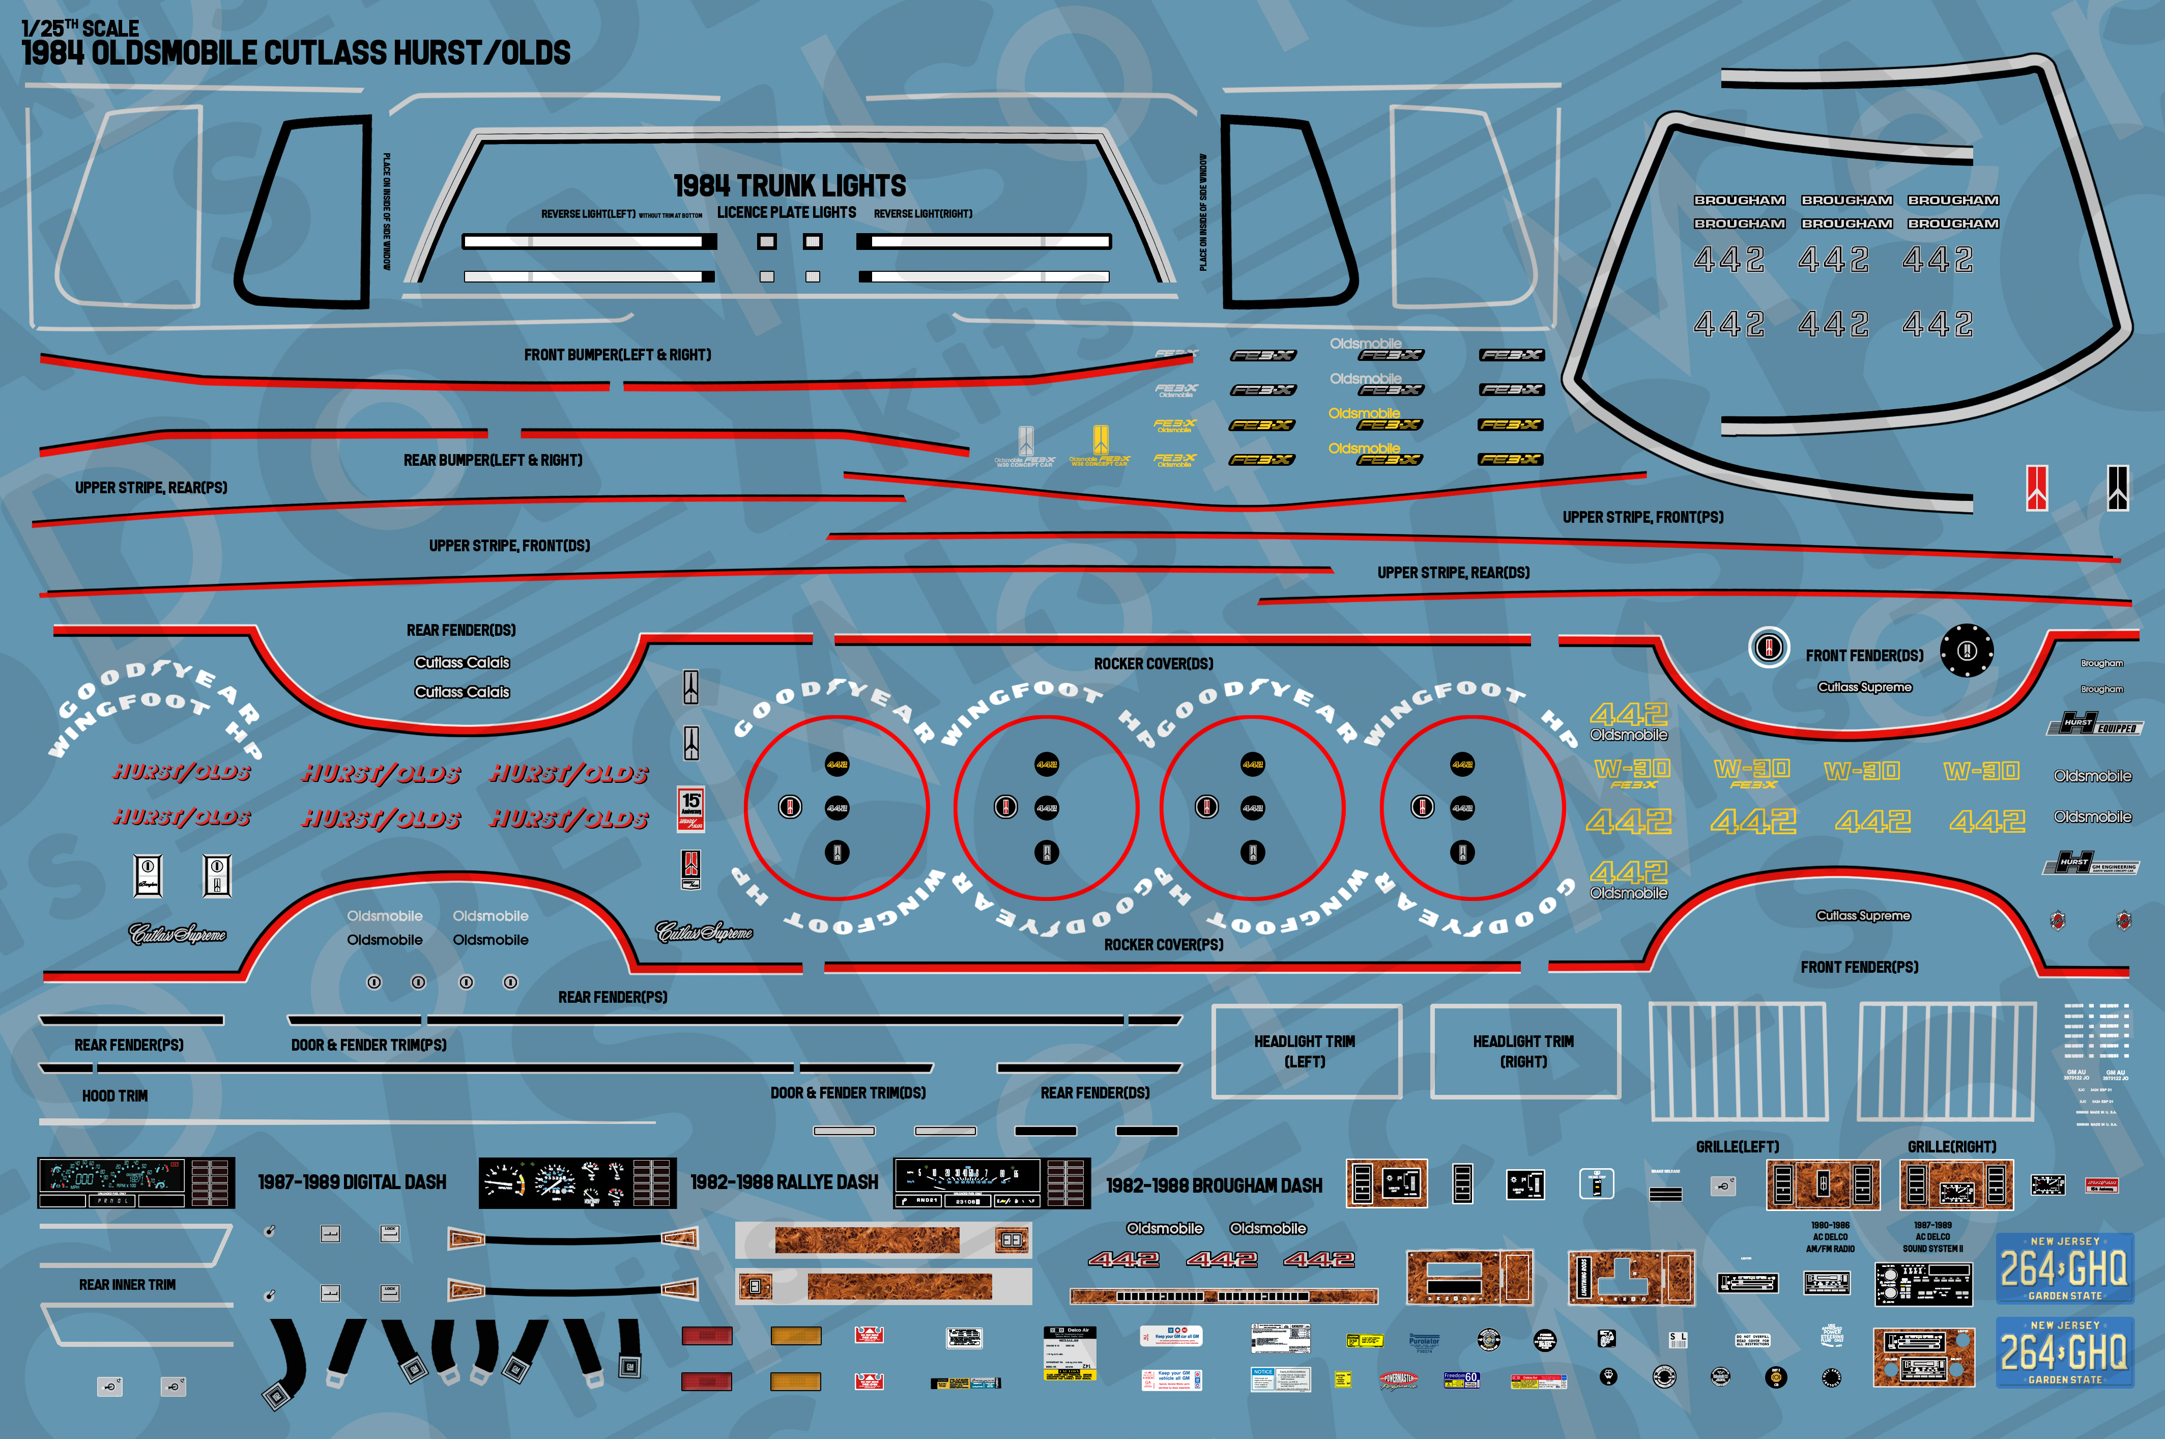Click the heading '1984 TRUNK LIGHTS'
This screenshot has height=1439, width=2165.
(789, 186)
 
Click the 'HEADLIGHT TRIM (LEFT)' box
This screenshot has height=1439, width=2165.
(1306, 1052)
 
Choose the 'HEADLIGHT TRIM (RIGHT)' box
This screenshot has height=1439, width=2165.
(1524, 1052)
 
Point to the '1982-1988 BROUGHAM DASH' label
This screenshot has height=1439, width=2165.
(1214, 1186)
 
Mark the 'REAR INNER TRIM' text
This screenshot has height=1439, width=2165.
(128, 1285)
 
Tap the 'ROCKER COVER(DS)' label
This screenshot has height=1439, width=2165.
(1153, 664)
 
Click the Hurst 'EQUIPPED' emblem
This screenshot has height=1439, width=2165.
(2094, 725)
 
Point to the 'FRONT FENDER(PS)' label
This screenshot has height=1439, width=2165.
(1859, 967)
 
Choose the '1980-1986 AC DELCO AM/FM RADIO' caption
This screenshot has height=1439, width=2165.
(1830, 1237)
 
